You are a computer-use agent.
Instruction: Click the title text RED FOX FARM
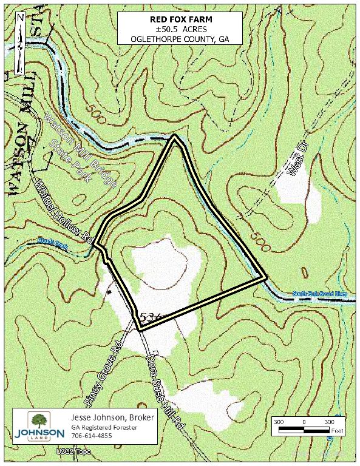180,19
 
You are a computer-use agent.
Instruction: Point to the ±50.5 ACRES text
180,29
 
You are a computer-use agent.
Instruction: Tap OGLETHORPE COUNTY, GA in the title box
180,39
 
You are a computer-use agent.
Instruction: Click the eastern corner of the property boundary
265,278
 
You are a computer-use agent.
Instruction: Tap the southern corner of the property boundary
140,328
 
